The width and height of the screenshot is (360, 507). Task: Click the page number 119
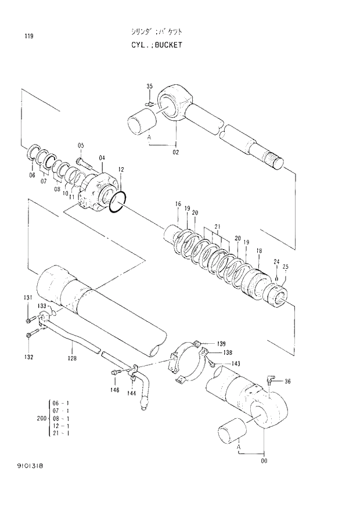coord(28,37)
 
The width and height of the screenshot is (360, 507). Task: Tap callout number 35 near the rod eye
coord(149,87)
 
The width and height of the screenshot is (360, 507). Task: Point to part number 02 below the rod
coord(175,152)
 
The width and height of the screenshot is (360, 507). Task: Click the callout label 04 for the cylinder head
coord(102,158)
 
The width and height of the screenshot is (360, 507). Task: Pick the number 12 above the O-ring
coord(121,170)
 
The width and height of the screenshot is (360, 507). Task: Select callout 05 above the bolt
coord(81,145)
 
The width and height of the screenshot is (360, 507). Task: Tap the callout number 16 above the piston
coord(178,204)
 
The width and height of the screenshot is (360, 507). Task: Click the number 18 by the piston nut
coord(259,250)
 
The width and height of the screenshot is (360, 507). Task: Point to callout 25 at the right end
coord(285,267)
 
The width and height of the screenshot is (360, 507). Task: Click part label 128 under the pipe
coord(71,359)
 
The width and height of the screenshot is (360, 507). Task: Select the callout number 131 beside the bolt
coord(28,299)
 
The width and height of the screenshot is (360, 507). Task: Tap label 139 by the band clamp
coord(221,343)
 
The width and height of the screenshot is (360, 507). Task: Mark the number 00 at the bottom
coord(265,462)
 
